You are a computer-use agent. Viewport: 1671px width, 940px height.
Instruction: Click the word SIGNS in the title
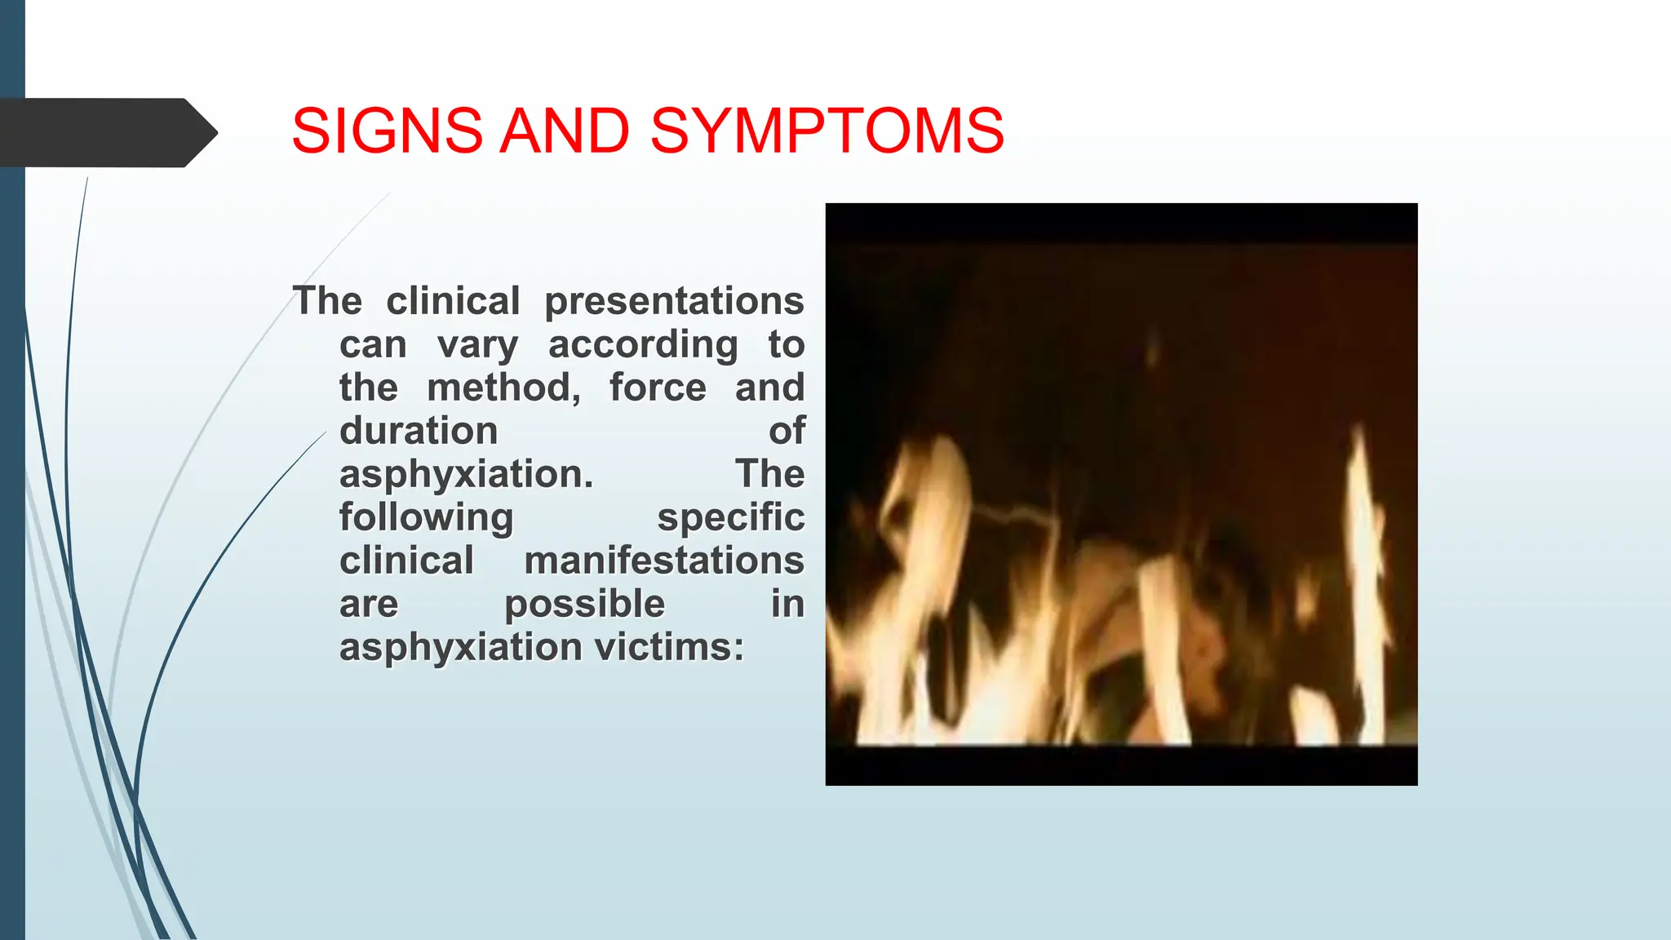pyautogui.click(x=388, y=131)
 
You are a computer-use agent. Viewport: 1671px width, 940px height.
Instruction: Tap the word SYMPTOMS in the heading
pyautogui.click(x=827, y=131)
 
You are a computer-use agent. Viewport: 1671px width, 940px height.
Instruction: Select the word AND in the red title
pyautogui.click(x=565, y=131)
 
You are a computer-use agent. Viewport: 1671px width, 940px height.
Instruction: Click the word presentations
pyautogui.click(x=674, y=302)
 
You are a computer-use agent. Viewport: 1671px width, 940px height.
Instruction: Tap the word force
pyautogui.click(x=658, y=388)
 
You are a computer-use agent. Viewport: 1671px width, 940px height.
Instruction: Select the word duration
pyautogui.click(x=419, y=431)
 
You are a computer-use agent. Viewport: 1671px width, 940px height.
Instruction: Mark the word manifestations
pyautogui.click(x=664, y=561)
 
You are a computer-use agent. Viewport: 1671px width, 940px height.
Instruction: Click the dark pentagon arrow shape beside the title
pyautogui.click(x=109, y=133)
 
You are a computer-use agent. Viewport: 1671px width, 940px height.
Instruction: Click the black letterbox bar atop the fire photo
pyautogui.click(x=1121, y=222)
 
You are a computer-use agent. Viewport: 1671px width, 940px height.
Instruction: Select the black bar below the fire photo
pyautogui.click(x=1121, y=765)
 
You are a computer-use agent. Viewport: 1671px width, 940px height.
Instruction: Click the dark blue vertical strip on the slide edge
pyautogui.click(x=12, y=470)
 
